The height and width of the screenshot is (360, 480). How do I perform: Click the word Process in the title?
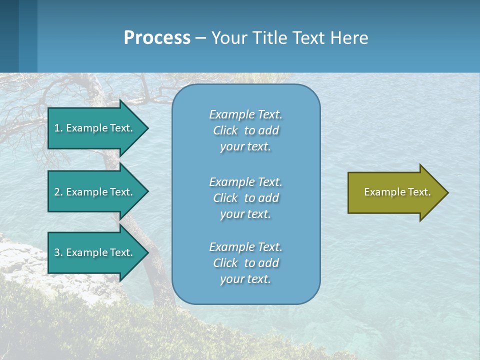[157, 38]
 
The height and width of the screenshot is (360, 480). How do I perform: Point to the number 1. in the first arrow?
[58, 128]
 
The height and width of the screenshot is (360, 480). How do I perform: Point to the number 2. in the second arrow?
[58, 192]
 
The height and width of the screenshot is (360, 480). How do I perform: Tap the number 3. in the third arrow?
[58, 252]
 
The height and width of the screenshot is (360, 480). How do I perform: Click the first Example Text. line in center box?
[245, 114]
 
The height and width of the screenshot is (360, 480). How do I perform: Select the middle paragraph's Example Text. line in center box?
[245, 181]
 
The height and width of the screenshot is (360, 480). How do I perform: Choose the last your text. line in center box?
[245, 279]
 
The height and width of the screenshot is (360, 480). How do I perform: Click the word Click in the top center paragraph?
[225, 130]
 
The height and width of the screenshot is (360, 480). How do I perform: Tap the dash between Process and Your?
[200, 38]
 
